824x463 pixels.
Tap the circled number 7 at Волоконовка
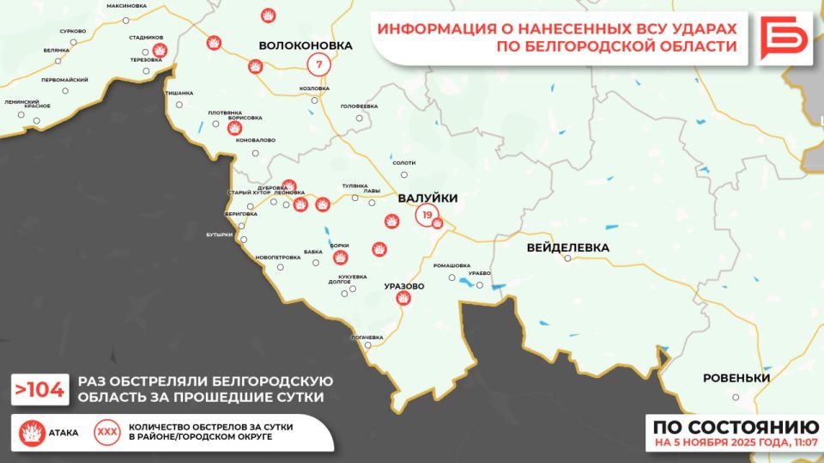(x=319, y=64)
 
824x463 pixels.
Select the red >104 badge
(x=39, y=390)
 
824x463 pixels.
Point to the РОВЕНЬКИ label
(x=736, y=378)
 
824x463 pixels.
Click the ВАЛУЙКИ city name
(x=427, y=198)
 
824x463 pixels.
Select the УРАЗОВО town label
(x=404, y=285)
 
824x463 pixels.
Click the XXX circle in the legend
(x=107, y=432)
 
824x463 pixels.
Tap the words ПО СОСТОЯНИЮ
(x=734, y=428)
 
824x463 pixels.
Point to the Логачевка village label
(x=367, y=337)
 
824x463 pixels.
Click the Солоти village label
(x=403, y=162)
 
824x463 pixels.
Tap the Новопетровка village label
(x=278, y=257)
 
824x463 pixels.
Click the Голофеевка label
(x=360, y=106)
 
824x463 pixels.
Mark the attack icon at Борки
(x=341, y=257)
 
